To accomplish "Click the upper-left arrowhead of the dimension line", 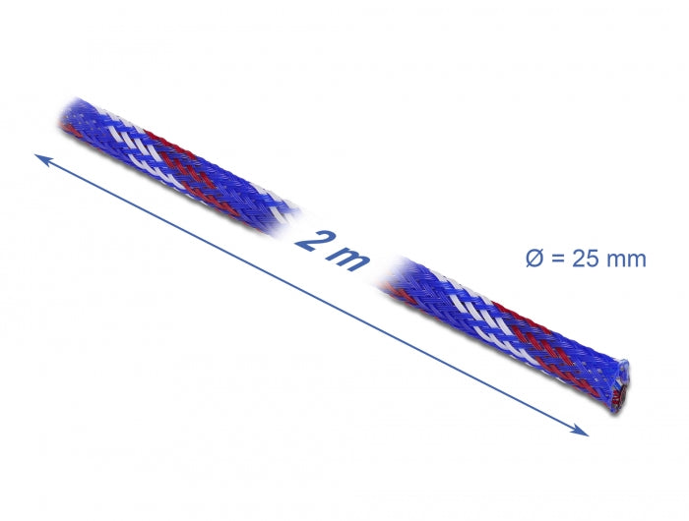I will click(39, 157).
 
